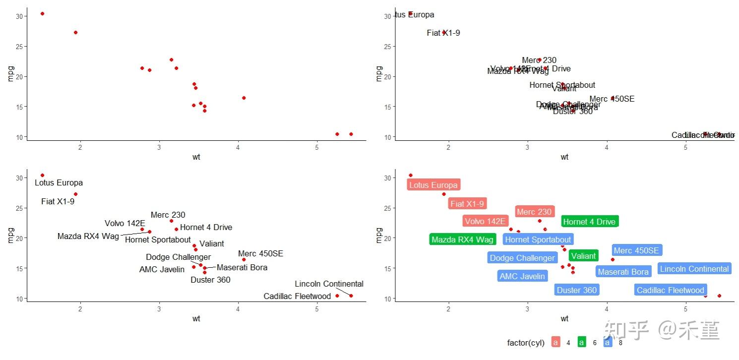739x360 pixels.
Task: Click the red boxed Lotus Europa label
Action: point(433,185)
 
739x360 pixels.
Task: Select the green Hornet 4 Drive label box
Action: point(589,222)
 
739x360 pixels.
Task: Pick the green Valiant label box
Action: point(583,256)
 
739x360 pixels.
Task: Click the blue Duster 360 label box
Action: point(576,290)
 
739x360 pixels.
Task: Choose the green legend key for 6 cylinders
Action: point(582,342)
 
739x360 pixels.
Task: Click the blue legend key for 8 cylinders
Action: point(608,342)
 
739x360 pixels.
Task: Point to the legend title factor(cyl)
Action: point(526,343)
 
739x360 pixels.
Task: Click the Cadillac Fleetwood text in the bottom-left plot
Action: point(297,296)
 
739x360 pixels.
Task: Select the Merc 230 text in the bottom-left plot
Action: point(168,215)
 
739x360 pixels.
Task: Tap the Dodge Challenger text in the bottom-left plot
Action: point(178,257)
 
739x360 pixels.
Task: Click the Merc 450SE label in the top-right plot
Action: point(612,99)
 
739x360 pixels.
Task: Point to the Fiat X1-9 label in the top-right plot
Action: point(443,33)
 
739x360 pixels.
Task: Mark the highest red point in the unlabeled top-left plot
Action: point(42,13)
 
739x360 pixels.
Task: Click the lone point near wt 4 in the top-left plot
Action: point(244,98)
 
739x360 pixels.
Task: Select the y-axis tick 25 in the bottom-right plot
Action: point(387,208)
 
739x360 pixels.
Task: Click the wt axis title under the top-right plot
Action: point(564,157)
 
